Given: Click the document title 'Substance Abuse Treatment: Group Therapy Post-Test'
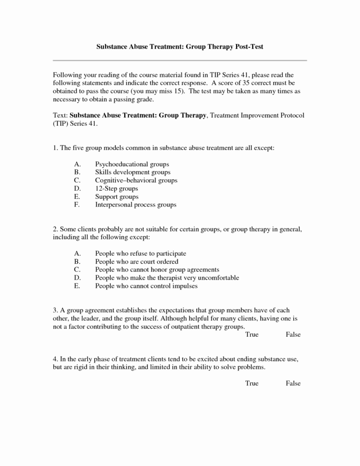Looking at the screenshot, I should pos(180,47).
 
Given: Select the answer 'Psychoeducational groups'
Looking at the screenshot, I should pos(132,164).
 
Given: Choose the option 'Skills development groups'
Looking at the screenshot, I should pos(132,172).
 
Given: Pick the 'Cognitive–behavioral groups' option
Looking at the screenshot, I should pos(136,180).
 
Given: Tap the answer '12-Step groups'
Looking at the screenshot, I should pos(117,188).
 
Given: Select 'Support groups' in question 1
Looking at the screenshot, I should pos(117,196).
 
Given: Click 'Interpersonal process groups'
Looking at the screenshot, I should pos(135,205).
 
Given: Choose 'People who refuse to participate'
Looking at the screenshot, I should pos(140,253).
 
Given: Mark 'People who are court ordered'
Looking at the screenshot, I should pos(136,261).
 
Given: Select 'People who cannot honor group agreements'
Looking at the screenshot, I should pos(157,270).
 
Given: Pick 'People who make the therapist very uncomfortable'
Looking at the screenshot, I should pos(167,278).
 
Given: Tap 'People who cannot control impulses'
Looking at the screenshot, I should pos(146,286).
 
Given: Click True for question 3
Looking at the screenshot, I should pos(252,334).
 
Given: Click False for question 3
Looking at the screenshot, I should pos(293,334).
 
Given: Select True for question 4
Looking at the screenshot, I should pos(252,383).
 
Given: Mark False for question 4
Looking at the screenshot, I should pos(293,383).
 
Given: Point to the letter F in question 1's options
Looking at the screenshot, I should pos(76,205).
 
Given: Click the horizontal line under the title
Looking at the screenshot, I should pos(180,61).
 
